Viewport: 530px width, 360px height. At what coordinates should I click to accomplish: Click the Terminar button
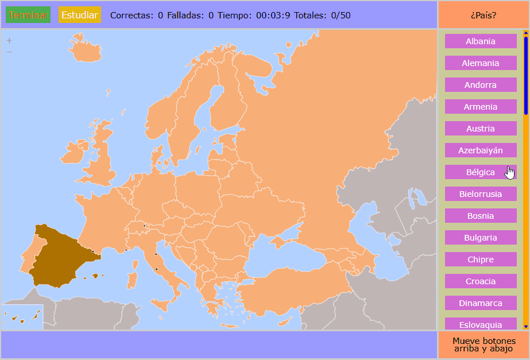pos(28,15)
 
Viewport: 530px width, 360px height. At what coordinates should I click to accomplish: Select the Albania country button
pos(481,41)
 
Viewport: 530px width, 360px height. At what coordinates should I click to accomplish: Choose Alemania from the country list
pos(481,63)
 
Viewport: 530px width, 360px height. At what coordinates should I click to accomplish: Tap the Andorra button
pos(481,85)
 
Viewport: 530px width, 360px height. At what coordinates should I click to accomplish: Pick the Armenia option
pos(481,107)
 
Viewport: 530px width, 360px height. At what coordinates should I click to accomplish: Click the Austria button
pos(481,129)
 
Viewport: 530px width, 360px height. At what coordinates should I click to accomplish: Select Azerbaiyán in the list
pos(481,150)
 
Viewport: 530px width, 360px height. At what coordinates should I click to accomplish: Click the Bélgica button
pos(481,172)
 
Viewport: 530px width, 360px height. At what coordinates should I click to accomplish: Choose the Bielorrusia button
pos(481,194)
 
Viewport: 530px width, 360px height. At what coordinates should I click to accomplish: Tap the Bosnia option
pos(481,216)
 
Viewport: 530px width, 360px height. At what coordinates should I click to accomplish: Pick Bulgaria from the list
pos(481,238)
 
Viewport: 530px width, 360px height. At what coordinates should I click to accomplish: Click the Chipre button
pos(481,260)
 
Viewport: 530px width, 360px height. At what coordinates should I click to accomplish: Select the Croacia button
pos(481,281)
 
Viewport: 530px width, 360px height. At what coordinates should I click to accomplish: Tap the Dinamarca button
pos(481,303)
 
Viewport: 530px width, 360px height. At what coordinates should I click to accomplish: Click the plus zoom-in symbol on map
pos(9,41)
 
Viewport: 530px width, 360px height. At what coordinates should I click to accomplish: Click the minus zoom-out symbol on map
pos(9,52)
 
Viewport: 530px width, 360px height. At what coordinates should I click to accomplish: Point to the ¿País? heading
pos(483,15)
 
